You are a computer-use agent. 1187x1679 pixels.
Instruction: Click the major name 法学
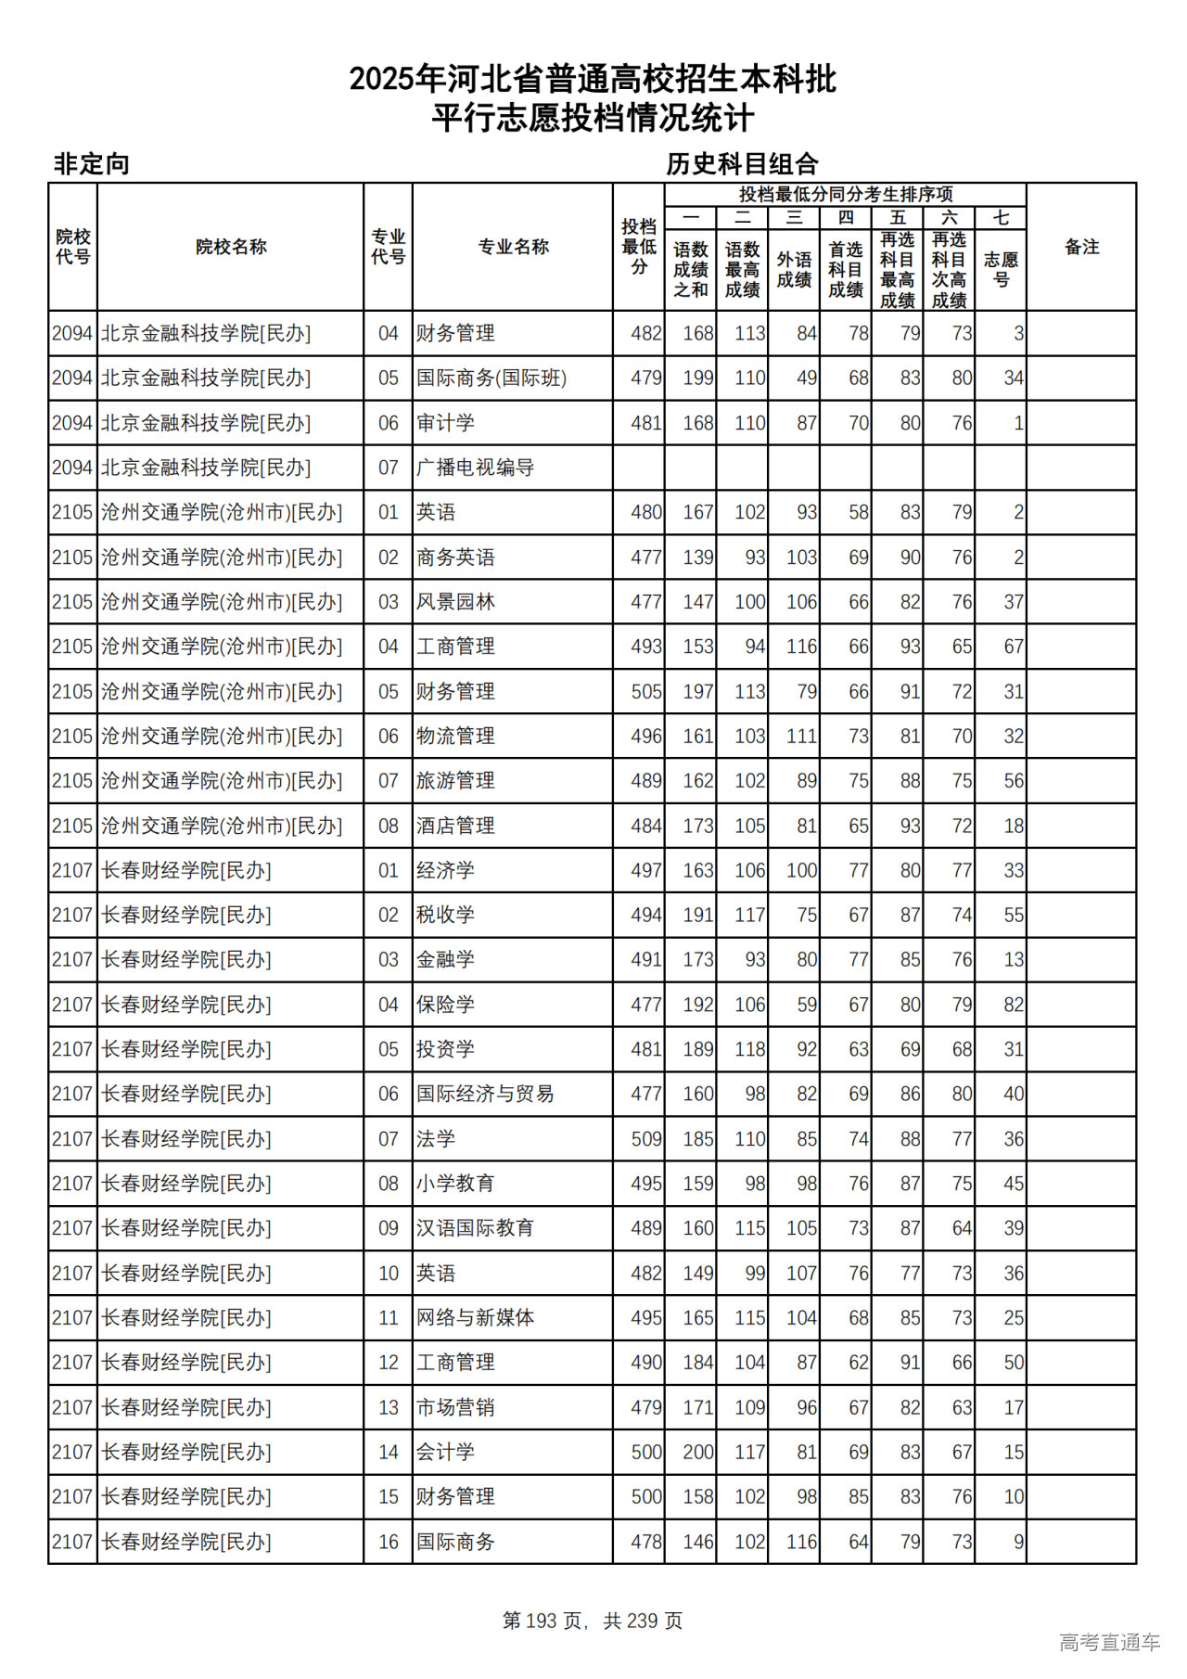point(436,1139)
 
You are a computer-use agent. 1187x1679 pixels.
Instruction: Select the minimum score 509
point(645,1139)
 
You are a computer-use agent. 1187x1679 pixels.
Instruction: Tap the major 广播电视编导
point(475,468)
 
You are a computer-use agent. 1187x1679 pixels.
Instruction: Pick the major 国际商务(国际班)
point(491,378)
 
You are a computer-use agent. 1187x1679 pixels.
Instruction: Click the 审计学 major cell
point(445,423)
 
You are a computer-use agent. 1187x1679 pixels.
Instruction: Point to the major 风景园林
point(455,602)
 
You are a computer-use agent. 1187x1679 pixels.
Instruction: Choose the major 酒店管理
point(455,826)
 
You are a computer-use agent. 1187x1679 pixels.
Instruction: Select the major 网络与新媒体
point(475,1318)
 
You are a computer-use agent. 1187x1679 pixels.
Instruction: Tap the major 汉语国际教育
point(475,1228)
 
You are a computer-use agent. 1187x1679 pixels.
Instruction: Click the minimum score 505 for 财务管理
point(645,692)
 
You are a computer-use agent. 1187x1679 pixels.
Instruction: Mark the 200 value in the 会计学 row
point(697,1453)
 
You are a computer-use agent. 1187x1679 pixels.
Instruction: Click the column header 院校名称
point(231,247)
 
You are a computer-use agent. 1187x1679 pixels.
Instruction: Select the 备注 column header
point(1081,247)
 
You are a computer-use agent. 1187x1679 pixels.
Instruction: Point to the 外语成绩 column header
point(794,269)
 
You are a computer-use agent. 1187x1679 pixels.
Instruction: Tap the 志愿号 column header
point(1001,269)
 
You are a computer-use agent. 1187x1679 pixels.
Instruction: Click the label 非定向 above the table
point(92,164)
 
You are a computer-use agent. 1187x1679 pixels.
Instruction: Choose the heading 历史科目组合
point(742,164)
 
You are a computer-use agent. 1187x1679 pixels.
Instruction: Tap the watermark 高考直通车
point(1109,1643)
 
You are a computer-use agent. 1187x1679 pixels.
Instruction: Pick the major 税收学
point(445,916)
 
